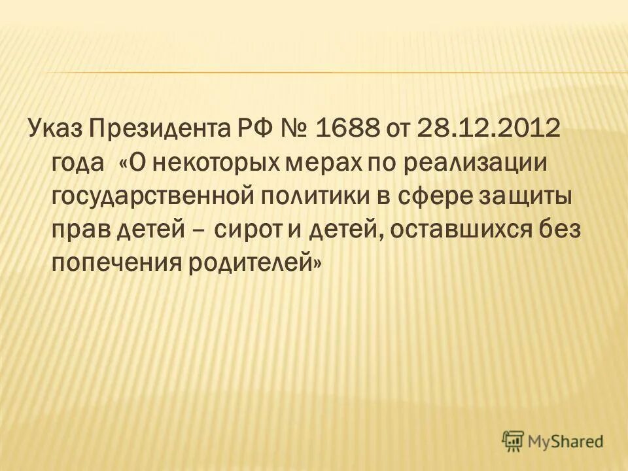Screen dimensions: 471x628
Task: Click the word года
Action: pyautogui.click(x=78, y=163)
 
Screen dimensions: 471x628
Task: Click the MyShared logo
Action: pyautogui.click(x=553, y=441)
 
